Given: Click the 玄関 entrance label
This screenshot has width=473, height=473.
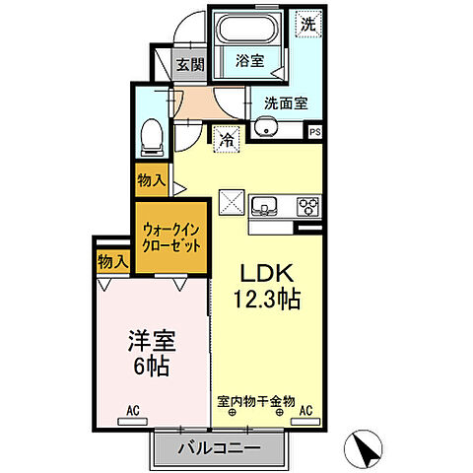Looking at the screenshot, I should pos(190,66).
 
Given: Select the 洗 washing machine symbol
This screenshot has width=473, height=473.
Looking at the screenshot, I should pos(308,24).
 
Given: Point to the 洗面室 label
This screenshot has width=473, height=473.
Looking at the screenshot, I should pos(284,101).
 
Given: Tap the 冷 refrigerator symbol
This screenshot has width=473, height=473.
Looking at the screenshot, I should pos(226,141).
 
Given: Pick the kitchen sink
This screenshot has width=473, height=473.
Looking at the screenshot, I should pos(264,205).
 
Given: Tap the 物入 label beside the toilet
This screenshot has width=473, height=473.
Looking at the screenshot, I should pos(151,180).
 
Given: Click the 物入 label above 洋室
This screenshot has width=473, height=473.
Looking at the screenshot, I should pos(112,261).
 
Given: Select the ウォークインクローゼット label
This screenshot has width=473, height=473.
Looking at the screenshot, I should pos(171,236).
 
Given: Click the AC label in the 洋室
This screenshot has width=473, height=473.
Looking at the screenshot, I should pos(131,409).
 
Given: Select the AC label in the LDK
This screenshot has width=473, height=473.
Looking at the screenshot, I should pos(305,409).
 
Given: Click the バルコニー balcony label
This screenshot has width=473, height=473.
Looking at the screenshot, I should pos(219,448).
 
